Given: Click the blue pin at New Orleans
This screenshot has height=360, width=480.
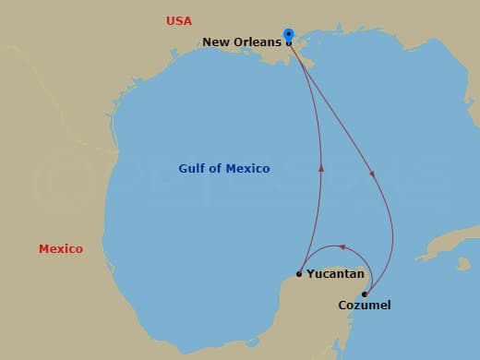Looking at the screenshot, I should [289, 35].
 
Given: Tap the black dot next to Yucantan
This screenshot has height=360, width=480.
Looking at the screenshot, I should [299, 273].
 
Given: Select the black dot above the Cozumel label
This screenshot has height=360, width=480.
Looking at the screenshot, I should [365, 294].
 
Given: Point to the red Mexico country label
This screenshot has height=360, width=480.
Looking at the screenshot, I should [61, 248].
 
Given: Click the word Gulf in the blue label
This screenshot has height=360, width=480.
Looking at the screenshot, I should [193, 169].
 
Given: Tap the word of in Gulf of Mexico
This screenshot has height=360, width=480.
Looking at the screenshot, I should [218, 169].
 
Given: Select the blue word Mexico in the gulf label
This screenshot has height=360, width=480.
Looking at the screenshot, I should [248, 169].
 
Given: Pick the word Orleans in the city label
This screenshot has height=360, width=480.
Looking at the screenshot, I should [258, 42].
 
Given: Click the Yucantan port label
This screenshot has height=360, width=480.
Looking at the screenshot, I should [335, 274].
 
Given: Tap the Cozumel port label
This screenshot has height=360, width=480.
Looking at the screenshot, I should [365, 305].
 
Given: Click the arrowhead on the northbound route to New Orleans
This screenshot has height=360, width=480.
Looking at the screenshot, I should [322, 168].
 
